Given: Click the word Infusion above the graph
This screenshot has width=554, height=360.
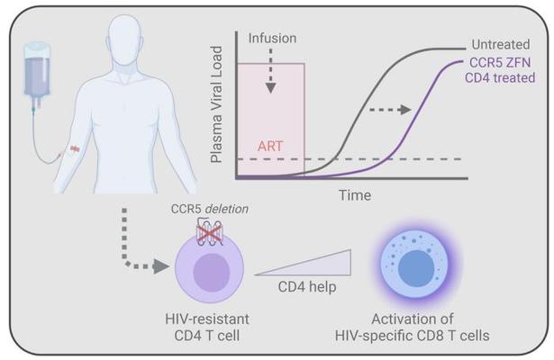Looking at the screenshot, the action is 272,38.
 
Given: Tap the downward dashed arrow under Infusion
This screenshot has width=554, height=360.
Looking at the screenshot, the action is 270,71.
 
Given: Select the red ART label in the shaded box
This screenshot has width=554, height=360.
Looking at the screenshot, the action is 270,146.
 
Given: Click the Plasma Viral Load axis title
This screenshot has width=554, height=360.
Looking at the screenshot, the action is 216,104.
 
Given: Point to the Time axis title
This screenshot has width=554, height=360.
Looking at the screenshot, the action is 355,195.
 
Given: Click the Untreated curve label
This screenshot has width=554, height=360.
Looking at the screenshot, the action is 501,44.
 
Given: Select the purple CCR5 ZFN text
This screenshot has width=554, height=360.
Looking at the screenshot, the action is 500,63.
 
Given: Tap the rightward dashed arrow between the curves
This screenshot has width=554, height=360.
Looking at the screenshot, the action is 390,110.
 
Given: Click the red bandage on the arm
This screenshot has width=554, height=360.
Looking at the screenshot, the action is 75,149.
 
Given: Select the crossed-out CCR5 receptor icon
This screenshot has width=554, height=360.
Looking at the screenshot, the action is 210,232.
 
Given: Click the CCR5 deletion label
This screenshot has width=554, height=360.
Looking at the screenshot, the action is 210,209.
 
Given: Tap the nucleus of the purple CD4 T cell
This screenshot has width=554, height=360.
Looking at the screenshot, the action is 212,272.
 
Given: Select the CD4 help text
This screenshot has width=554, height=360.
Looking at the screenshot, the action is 307,287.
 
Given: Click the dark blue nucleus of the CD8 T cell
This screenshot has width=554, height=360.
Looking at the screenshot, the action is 416,268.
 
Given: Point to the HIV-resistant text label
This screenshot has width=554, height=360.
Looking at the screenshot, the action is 207,319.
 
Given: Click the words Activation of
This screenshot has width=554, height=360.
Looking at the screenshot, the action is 413,319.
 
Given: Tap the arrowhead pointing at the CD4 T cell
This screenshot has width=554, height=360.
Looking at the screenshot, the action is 161,266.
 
